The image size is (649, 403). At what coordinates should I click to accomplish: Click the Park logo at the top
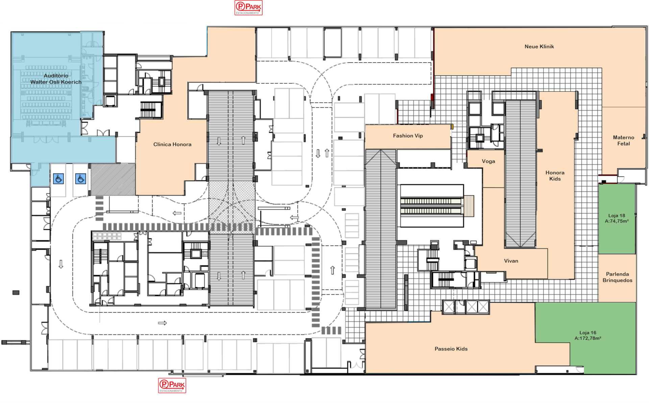tap(248, 8)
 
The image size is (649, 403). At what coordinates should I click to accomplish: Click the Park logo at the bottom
tap(172, 385)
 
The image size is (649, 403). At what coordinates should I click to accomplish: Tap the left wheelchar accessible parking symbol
tap(58, 179)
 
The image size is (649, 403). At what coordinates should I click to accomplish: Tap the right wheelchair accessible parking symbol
tap(81, 179)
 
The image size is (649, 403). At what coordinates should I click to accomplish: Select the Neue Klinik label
tap(539, 47)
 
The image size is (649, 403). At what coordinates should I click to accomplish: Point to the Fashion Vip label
tap(408, 136)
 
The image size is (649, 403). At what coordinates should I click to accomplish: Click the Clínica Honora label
tap(172, 144)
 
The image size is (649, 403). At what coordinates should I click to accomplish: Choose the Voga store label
tap(488, 161)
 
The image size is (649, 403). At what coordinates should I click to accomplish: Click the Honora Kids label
tap(555, 176)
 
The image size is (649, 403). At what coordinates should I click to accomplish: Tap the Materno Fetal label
tap(624, 140)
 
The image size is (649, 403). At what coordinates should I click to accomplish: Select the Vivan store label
tap(511, 261)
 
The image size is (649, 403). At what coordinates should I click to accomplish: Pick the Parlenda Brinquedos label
tap(618, 277)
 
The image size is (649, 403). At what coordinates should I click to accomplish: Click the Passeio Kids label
tap(451, 349)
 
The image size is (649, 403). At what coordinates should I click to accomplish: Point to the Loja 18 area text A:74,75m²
tap(617, 221)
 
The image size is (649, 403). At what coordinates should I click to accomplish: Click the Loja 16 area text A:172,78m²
tap(588, 338)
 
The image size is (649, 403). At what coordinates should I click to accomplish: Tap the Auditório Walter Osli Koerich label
tap(56, 79)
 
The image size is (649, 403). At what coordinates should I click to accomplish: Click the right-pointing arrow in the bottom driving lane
tap(163, 323)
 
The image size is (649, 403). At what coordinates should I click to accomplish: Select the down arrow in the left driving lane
tap(61, 264)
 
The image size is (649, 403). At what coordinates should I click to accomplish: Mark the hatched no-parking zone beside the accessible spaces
tap(113, 180)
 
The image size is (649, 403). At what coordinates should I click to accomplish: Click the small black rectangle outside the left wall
tap(16, 293)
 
